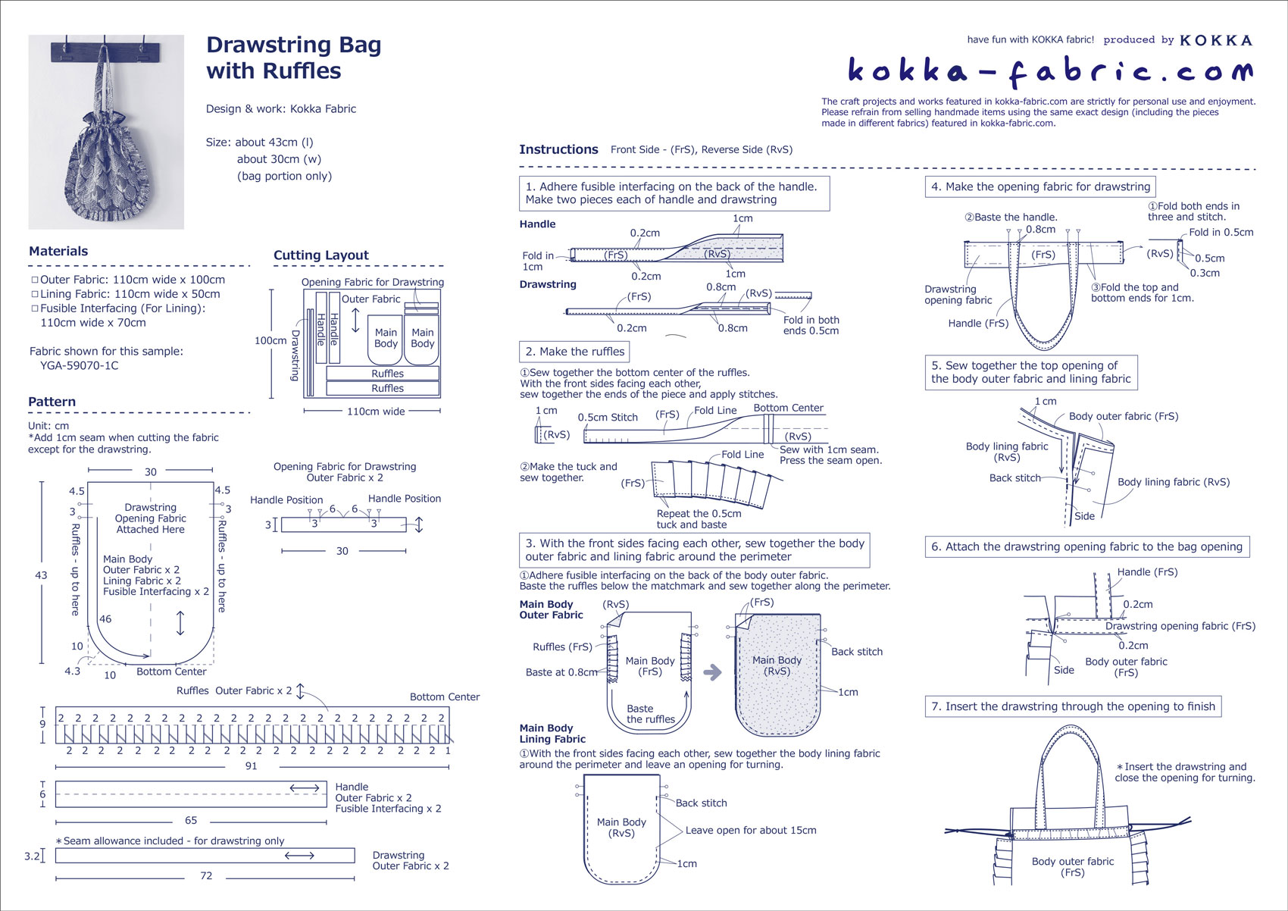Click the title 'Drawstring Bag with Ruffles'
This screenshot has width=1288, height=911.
pos(293,58)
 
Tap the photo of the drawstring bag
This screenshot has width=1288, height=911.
pos(106,132)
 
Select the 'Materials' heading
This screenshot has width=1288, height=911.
pos(58,252)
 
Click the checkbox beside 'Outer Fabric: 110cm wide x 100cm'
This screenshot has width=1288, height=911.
pos(34,280)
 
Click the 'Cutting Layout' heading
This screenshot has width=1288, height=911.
pos(321,255)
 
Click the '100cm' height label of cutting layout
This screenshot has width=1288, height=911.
pos(270,340)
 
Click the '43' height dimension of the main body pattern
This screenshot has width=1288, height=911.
pos(42,575)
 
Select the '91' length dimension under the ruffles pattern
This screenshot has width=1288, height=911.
pos(251,765)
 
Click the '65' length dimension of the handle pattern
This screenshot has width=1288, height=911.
pos(191,820)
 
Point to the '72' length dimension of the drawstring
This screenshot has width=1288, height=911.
pos(206,875)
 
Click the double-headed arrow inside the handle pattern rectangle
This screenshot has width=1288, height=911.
pos(305,788)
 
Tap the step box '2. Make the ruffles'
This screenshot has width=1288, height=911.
pos(574,352)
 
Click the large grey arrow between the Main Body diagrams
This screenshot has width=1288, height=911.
pos(712,672)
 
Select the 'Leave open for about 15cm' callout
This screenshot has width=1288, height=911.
pos(750,830)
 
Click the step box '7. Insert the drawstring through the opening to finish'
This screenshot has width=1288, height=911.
pos(1073,706)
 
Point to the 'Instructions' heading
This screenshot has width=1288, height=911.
pos(558,149)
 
